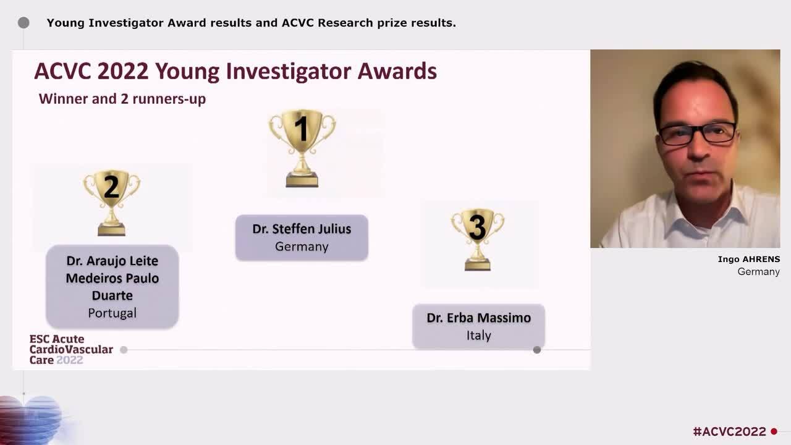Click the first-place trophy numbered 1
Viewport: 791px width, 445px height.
[302, 148]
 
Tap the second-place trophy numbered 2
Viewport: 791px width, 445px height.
[112, 203]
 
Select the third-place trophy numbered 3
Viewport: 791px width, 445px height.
[478, 239]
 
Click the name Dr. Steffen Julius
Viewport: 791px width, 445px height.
[302, 229]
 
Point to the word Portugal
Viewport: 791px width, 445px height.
[112, 313]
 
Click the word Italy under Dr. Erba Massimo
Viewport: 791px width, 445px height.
[478, 335]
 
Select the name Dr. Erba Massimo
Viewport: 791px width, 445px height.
[478, 318]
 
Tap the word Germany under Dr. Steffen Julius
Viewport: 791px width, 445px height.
[302, 246]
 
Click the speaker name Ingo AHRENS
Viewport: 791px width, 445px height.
[748, 259]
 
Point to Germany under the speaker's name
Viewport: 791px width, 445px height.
[758, 271]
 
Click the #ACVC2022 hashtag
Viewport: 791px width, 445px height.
[729, 431]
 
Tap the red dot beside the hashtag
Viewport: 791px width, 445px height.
[774, 431]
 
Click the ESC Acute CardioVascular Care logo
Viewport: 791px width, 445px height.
[70, 350]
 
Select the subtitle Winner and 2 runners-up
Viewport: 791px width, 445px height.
[122, 99]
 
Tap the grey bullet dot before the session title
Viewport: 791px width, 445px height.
[23, 23]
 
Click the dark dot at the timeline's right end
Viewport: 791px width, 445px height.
[537, 350]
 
